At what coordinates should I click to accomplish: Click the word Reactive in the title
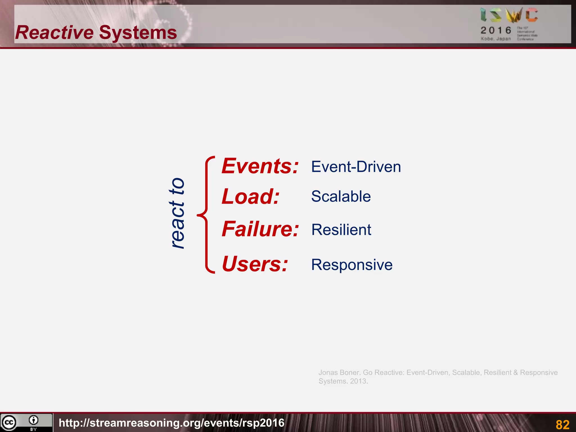pyautogui.click(x=54, y=33)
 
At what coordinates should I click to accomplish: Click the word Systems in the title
pyautogui.click(x=138, y=33)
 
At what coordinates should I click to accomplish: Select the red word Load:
pyautogui.click(x=250, y=197)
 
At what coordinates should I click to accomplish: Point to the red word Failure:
pyautogui.click(x=260, y=229)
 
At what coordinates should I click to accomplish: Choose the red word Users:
pyautogui.click(x=255, y=264)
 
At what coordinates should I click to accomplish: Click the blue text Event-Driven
pyautogui.click(x=356, y=167)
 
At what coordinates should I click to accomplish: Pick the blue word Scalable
pyautogui.click(x=341, y=196)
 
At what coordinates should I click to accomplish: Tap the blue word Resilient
pyautogui.click(x=341, y=230)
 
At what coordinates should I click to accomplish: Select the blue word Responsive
pyautogui.click(x=352, y=265)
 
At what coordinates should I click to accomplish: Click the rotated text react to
pyautogui.click(x=177, y=213)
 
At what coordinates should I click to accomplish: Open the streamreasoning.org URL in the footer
pyautogui.click(x=172, y=423)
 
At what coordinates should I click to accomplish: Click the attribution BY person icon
pyautogui.click(x=33, y=420)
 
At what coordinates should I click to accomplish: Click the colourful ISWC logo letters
pyautogui.click(x=509, y=15)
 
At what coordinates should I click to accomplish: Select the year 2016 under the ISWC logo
pyautogui.click(x=496, y=30)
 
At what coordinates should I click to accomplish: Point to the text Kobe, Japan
pyautogui.click(x=496, y=39)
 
